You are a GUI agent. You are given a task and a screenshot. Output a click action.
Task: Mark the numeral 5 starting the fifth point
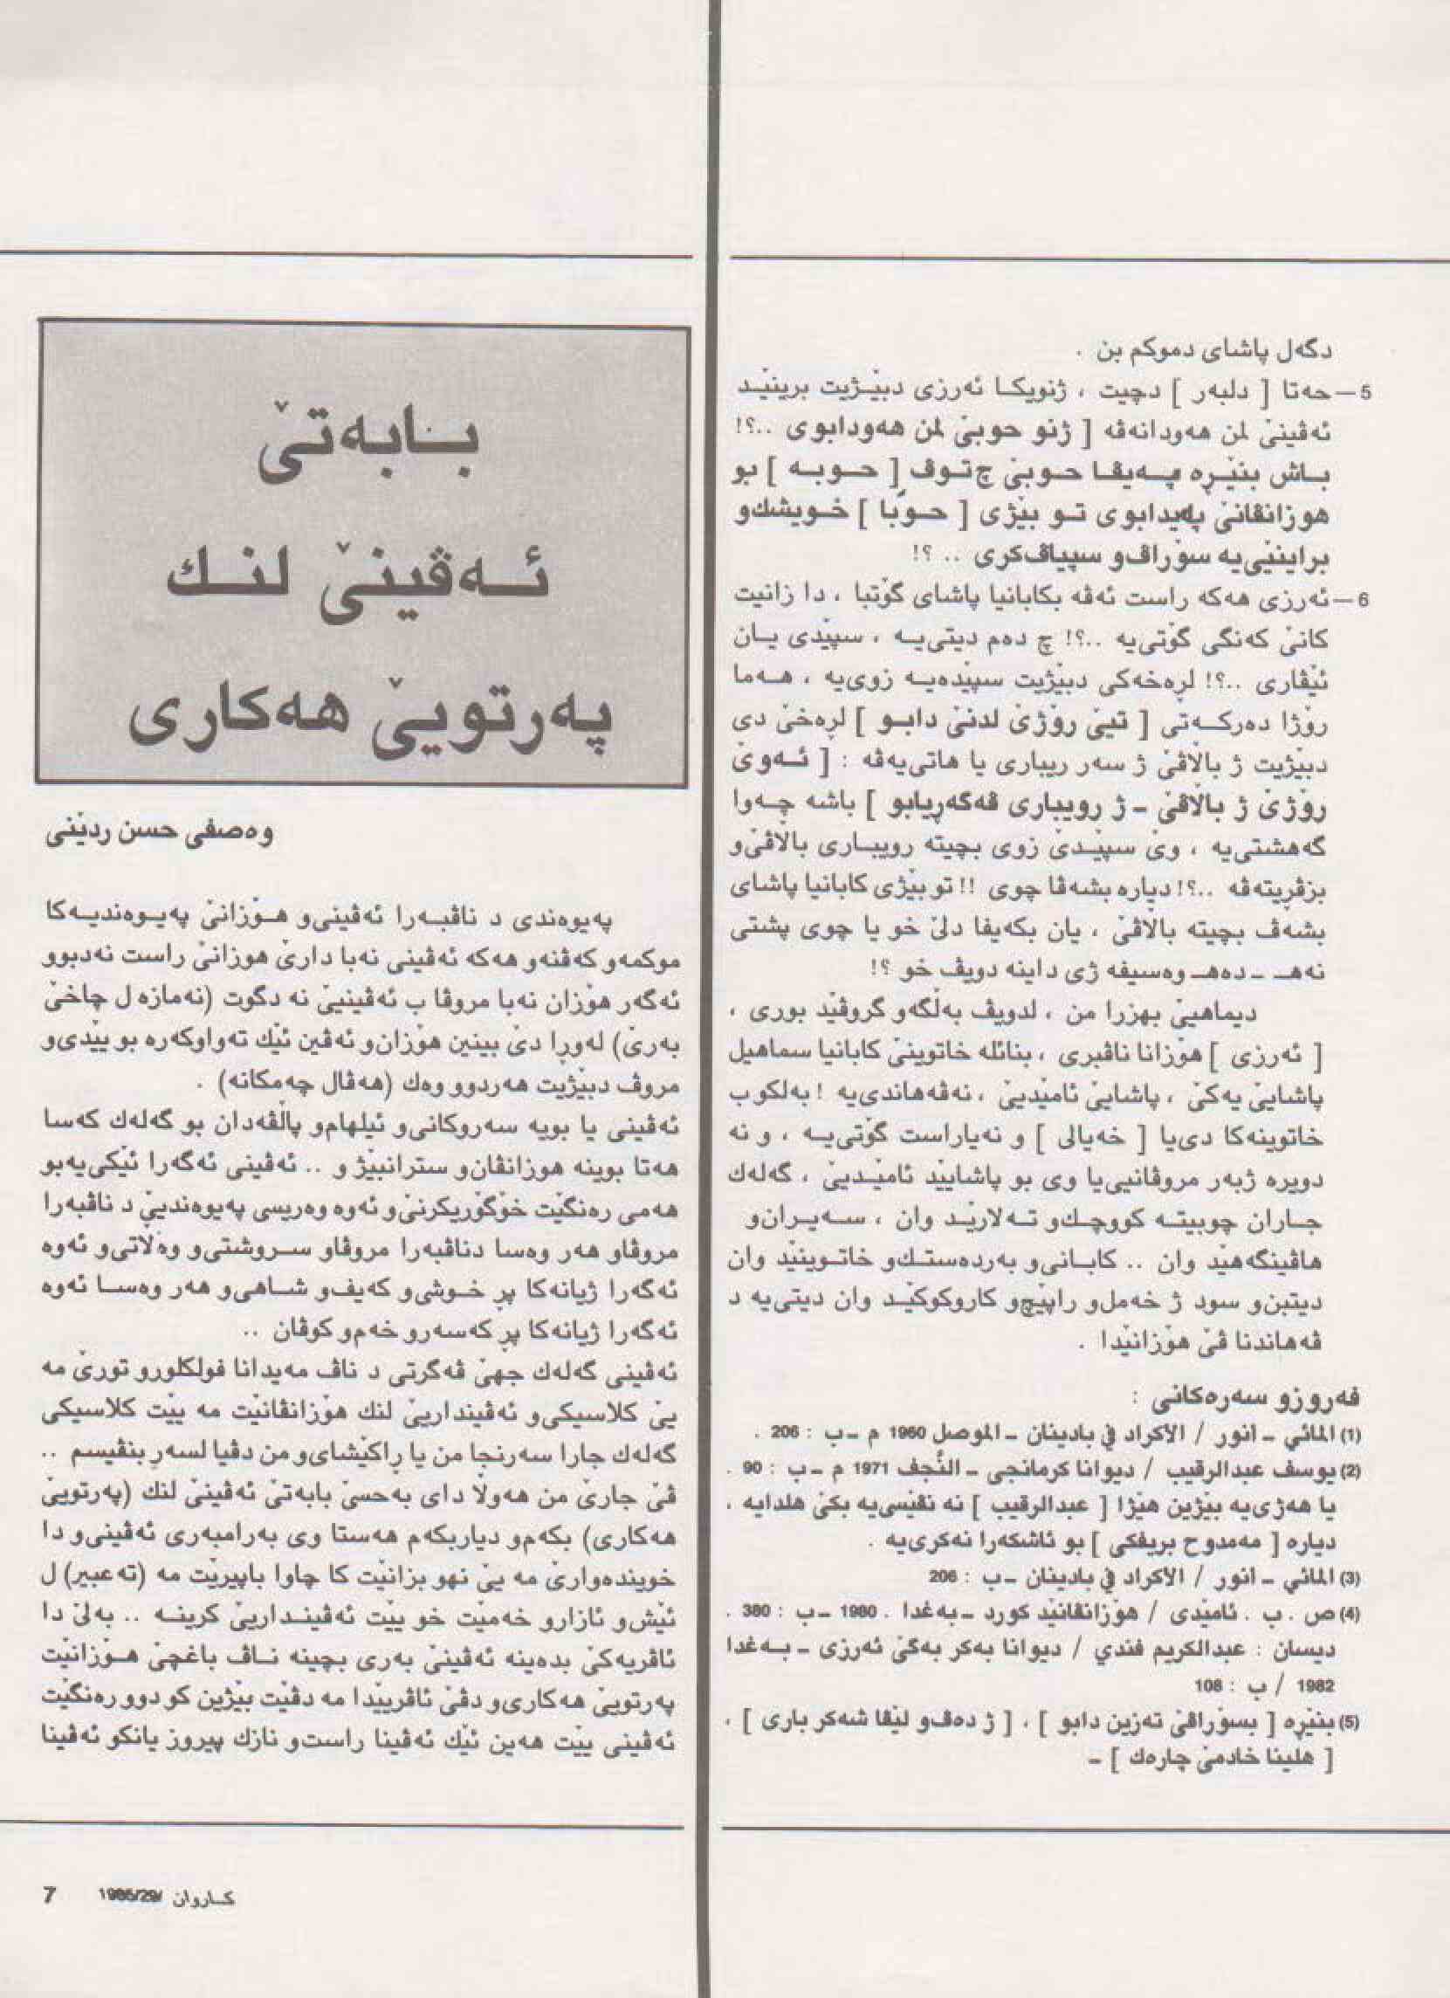coord(1364,393)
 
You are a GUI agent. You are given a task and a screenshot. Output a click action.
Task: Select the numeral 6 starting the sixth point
coord(1364,602)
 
